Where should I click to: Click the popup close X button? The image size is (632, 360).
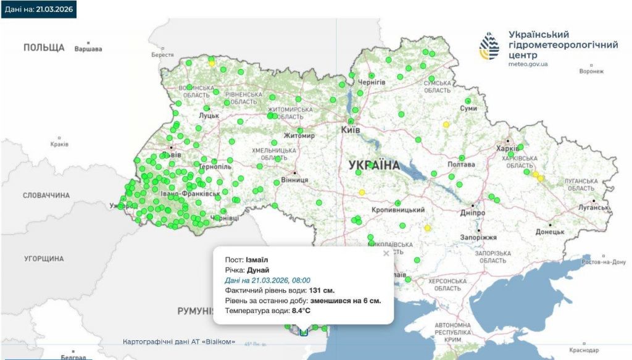pyautogui.click(x=386, y=253)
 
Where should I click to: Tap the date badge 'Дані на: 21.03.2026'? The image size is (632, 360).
pyautogui.click(x=38, y=9)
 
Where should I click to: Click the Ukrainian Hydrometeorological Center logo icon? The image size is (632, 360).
pyautogui.click(x=491, y=47)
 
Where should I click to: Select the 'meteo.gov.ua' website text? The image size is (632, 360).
pyautogui.click(x=528, y=64)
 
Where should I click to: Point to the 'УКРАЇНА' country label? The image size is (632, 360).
pyautogui.click(x=374, y=165)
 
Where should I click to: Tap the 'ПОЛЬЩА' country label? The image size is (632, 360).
pyautogui.click(x=44, y=48)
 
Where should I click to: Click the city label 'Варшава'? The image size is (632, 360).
pyautogui.click(x=88, y=49)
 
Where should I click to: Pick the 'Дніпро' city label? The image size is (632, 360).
pyautogui.click(x=473, y=213)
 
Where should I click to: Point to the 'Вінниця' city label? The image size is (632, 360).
pyautogui.click(x=294, y=180)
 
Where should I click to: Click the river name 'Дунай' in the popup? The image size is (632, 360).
pyautogui.click(x=258, y=270)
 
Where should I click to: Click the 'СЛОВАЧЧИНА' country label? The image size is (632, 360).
pyautogui.click(x=46, y=195)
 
